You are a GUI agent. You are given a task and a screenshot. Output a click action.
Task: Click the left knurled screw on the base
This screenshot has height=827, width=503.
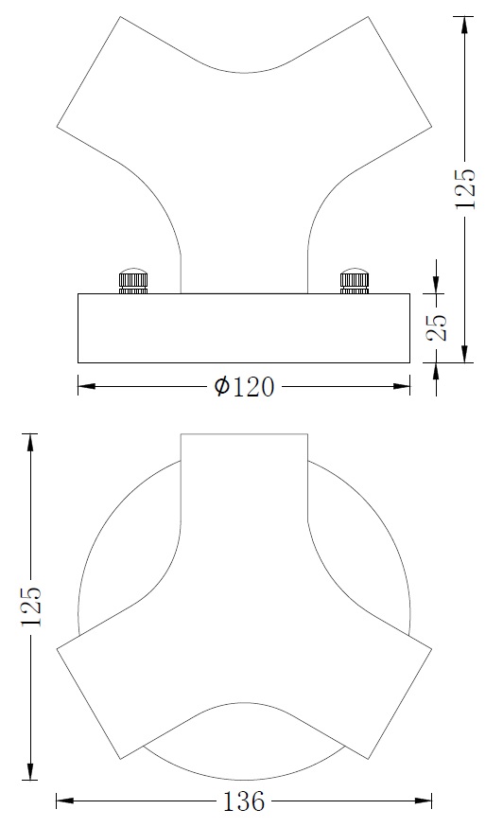pos(133,282)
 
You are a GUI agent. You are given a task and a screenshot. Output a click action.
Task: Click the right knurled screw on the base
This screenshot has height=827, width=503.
pos(354,282)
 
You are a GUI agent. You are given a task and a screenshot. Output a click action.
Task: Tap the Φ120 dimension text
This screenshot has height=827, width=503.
pos(244,387)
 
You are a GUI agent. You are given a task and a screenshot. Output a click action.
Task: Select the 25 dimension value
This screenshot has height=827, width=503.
pos(437,327)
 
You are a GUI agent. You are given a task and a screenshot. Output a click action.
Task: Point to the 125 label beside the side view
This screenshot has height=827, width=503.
pos(464,188)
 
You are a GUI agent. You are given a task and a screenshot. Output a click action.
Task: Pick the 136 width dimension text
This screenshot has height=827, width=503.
pos(244,802)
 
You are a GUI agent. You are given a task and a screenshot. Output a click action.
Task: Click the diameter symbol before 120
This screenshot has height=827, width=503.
pos(221,387)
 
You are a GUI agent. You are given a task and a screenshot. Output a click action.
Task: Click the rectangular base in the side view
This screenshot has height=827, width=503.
pos(244,328)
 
